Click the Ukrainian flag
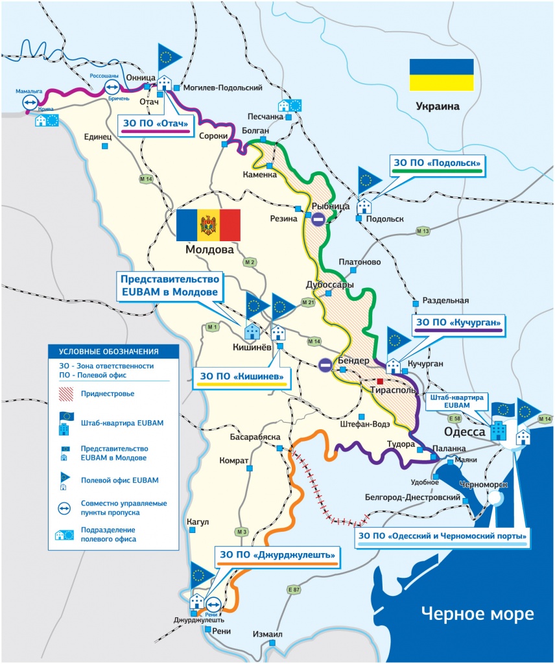click(x=441, y=75)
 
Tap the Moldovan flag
click(x=208, y=225)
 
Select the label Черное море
click(x=477, y=613)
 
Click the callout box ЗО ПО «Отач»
click(x=156, y=123)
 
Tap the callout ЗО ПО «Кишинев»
click(x=241, y=376)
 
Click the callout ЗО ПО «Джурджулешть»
click(x=277, y=555)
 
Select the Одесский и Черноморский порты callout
click(x=443, y=536)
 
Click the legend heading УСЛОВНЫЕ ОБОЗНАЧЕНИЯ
click(x=109, y=351)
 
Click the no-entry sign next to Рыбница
click(x=318, y=219)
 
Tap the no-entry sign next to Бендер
click(x=325, y=366)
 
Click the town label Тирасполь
click(x=392, y=392)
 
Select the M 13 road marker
click(x=423, y=231)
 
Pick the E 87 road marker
click(x=293, y=589)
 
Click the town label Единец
click(x=99, y=137)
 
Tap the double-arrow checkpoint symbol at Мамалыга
click(x=30, y=102)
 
